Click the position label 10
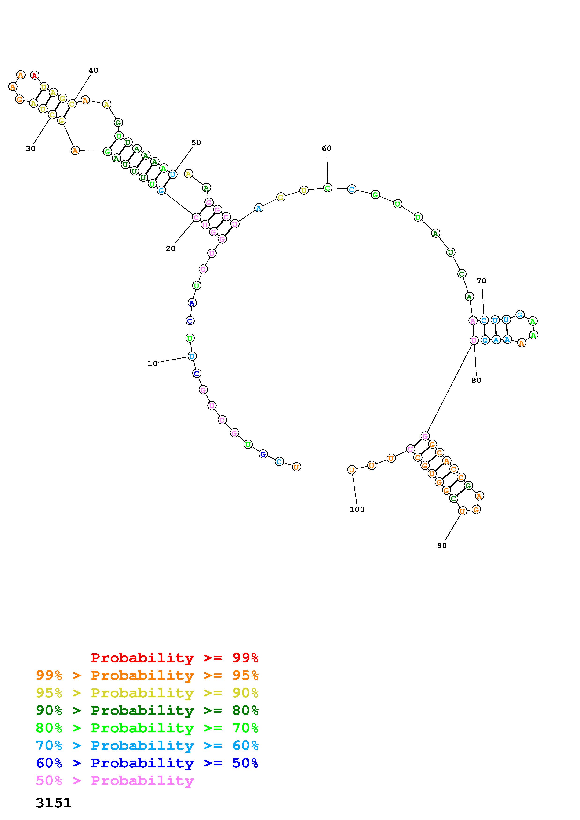pos(152,363)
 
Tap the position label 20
pos(171,248)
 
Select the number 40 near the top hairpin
pos(93,70)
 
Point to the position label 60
pos(327,148)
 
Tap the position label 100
pos(357,509)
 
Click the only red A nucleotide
pos(34,75)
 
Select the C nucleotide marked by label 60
pos(327,187)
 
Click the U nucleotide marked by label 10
pos(192,356)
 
